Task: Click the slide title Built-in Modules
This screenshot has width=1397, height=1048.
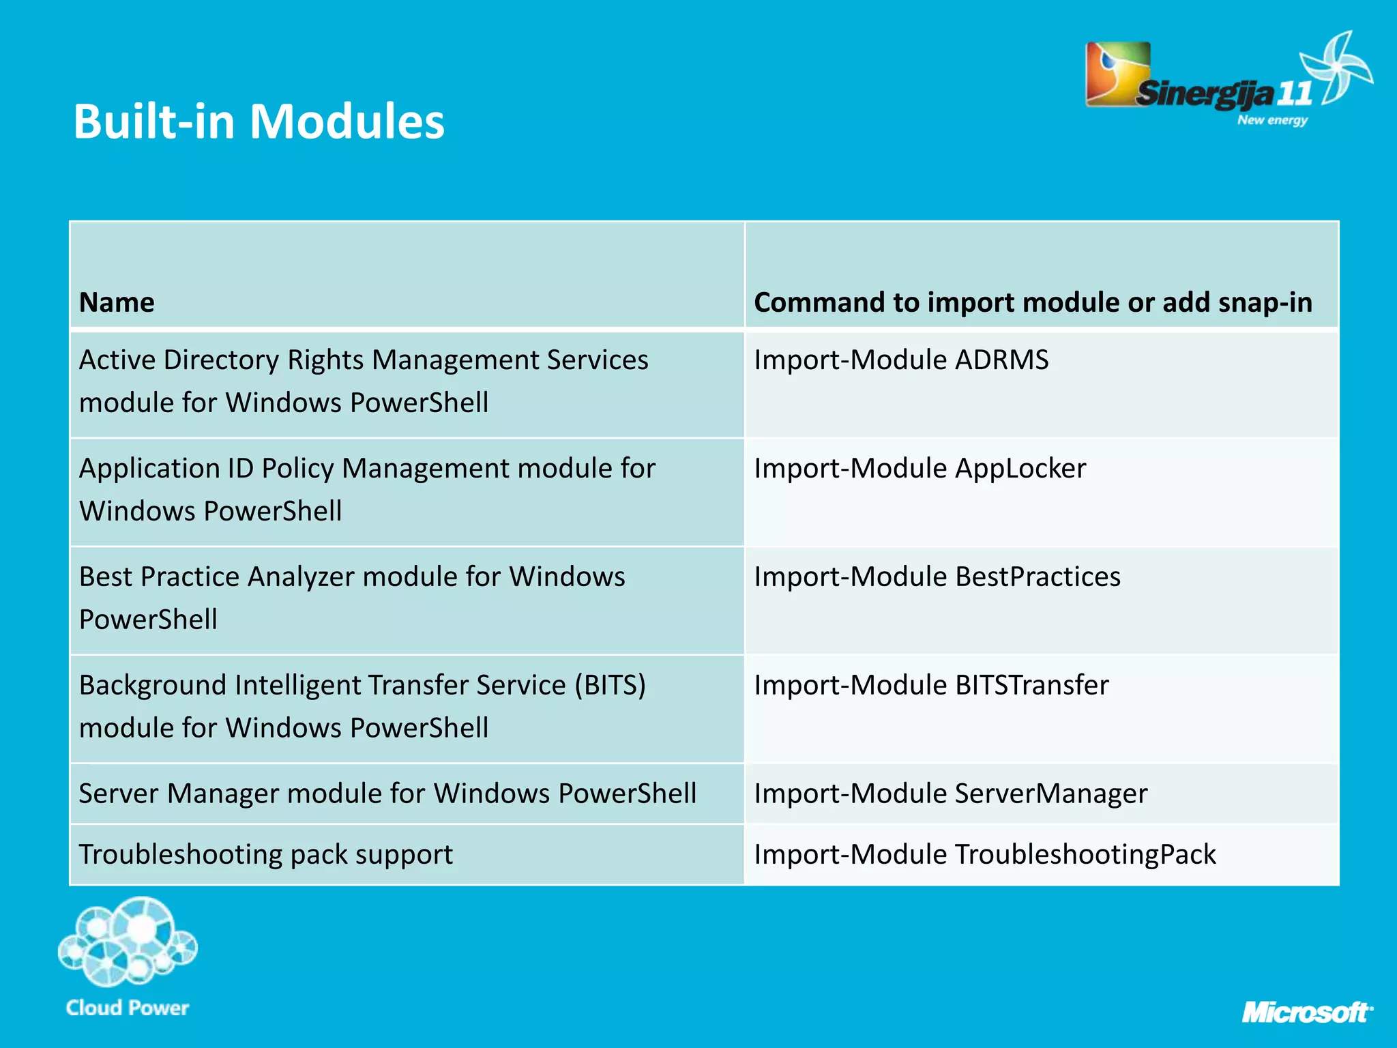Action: tap(259, 121)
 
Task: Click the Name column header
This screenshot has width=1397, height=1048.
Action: tap(117, 302)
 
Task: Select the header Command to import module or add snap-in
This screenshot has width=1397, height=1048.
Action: tap(1033, 302)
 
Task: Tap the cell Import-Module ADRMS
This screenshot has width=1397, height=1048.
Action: tap(901, 360)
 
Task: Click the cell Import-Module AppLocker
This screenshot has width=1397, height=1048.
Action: tap(920, 469)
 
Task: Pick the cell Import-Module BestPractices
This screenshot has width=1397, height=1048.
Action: tap(937, 577)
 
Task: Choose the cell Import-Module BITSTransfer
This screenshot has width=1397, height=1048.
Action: tap(931, 686)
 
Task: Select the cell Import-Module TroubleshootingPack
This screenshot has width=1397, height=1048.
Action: tap(984, 855)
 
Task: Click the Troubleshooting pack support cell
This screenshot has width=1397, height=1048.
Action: tap(265, 855)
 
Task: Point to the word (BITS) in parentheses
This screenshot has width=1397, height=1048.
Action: tap(610, 686)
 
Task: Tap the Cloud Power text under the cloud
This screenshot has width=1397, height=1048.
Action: tap(128, 1008)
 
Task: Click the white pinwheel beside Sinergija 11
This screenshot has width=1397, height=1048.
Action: tap(1337, 68)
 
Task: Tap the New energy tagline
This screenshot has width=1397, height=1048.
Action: tap(1272, 120)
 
